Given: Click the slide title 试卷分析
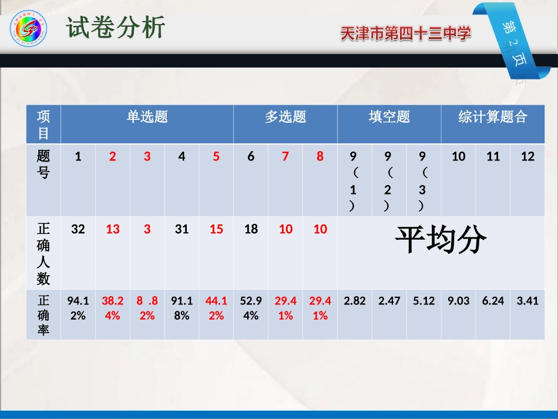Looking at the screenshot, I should [x=115, y=28].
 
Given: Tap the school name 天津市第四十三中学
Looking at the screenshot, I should [x=405, y=35].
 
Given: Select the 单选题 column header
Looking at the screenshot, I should [x=147, y=117].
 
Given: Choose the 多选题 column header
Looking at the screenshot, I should [x=285, y=117].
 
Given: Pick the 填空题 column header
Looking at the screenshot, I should [x=389, y=117].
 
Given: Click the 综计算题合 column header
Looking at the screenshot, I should [x=493, y=117].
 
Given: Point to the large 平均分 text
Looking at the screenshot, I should [x=440, y=239].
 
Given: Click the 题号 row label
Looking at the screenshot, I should [x=43, y=164].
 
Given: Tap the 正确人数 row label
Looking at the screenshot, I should [x=43, y=253].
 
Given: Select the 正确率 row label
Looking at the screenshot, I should [x=43, y=315].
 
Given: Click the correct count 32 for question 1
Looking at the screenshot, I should [x=78, y=229].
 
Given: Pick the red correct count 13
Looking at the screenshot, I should [x=113, y=229].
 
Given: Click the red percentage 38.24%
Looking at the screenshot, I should [x=113, y=308].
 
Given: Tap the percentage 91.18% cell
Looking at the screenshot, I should [x=182, y=308].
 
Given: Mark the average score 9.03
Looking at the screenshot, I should [x=458, y=301].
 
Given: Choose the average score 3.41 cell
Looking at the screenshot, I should [x=527, y=301].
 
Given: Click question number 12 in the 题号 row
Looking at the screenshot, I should [x=527, y=156].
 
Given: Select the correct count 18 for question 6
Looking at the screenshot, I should [x=251, y=229].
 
